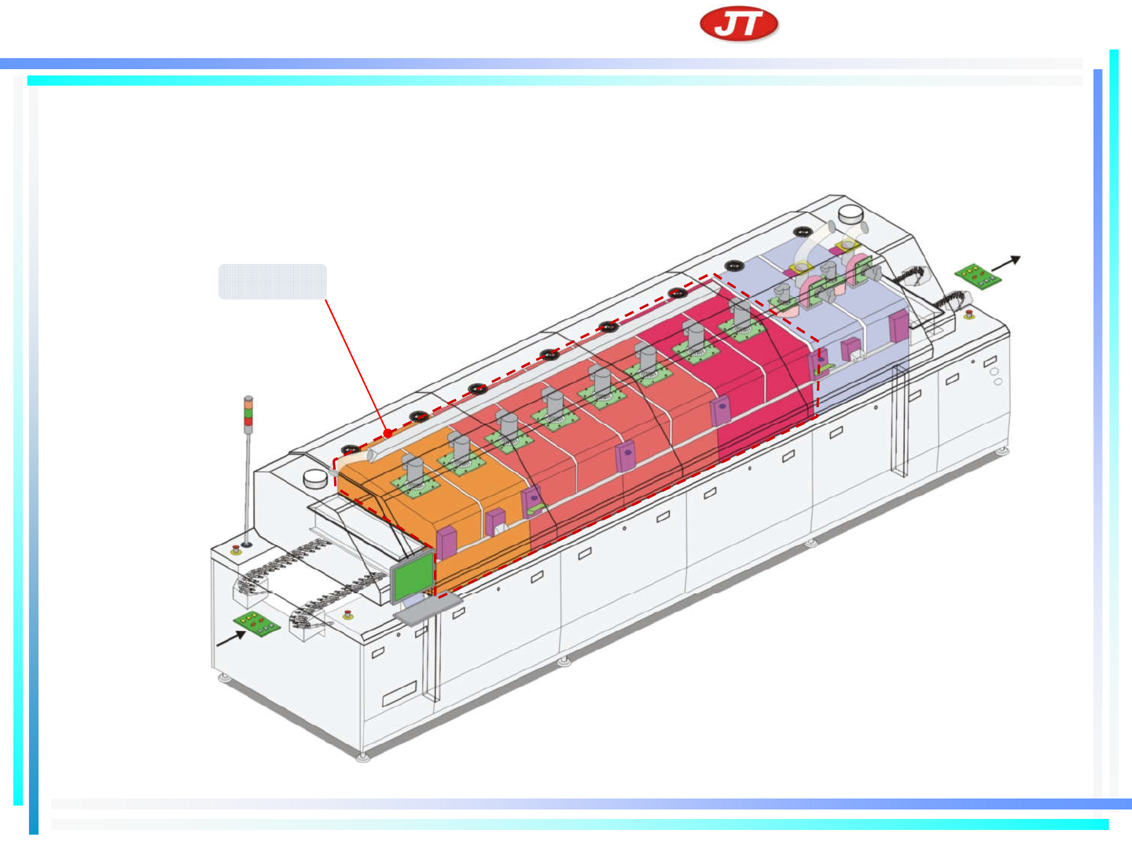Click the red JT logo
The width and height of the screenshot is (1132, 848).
click(x=738, y=24)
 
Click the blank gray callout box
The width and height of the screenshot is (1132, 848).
click(x=272, y=281)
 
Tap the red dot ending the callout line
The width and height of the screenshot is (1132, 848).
click(x=388, y=434)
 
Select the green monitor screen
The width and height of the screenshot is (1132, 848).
click(x=413, y=575)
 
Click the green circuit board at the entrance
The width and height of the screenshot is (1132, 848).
click(x=257, y=624)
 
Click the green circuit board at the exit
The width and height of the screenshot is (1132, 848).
click(x=978, y=277)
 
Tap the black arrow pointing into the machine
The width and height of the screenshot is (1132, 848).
click(x=230, y=638)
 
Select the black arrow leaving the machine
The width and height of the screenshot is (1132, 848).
click(x=1005, y=263)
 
